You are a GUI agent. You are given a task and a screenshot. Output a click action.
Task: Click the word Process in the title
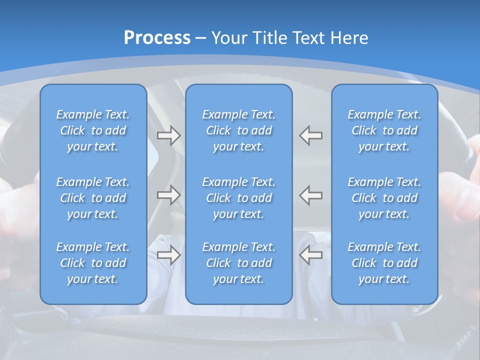coord(157,38)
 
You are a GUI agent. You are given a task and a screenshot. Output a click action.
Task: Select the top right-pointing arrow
coord(169,135)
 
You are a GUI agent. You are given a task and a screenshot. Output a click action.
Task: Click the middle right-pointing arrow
coord(169,195)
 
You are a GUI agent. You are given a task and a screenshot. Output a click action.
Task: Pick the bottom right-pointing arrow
coord(169,255)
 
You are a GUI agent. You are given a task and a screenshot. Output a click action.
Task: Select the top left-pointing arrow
coord(310,135)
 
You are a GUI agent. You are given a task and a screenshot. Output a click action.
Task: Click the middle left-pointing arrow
coord(310,195)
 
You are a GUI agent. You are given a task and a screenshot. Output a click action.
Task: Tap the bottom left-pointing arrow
coord(310,255)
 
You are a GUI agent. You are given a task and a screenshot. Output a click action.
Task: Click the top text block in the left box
coord(93,130)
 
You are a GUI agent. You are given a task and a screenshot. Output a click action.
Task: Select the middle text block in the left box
coord(93,198)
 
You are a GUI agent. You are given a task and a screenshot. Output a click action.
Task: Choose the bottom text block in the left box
coord(93,263)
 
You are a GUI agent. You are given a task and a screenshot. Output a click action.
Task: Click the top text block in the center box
coord(239,130)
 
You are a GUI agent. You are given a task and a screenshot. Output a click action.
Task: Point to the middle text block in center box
coord(239,198)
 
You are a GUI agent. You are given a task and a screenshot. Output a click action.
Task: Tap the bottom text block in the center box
coord(239,263)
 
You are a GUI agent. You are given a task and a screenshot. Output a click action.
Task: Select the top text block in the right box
coord(384,130)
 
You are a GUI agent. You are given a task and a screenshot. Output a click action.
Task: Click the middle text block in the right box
coord(384,198)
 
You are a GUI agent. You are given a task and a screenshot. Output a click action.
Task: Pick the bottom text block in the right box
coord(384,263)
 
